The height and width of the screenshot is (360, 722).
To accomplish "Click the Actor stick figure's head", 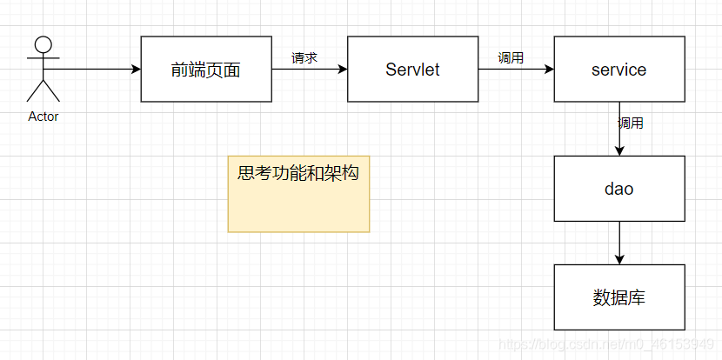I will (43, 43).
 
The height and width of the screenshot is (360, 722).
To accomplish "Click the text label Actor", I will (43, 116).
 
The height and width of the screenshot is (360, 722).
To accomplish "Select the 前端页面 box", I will (206, 70).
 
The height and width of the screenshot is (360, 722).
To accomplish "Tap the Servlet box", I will (412, 70).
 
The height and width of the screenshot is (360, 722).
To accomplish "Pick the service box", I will (618, 70).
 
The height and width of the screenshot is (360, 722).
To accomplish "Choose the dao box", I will (618, 189).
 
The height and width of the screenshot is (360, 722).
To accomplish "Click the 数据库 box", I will (618, 297).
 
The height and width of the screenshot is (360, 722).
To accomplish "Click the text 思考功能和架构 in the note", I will (298, 173).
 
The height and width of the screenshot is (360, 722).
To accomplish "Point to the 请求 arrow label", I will (304, 58).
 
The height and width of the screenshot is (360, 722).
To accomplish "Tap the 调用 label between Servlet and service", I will (511, 58).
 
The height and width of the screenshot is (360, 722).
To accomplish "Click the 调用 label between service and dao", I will (631, 123).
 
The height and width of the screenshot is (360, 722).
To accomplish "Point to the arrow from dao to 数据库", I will (619, 243).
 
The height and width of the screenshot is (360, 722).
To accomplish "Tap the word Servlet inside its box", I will (412, 70).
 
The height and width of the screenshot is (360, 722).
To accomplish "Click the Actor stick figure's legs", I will (43, 91).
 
